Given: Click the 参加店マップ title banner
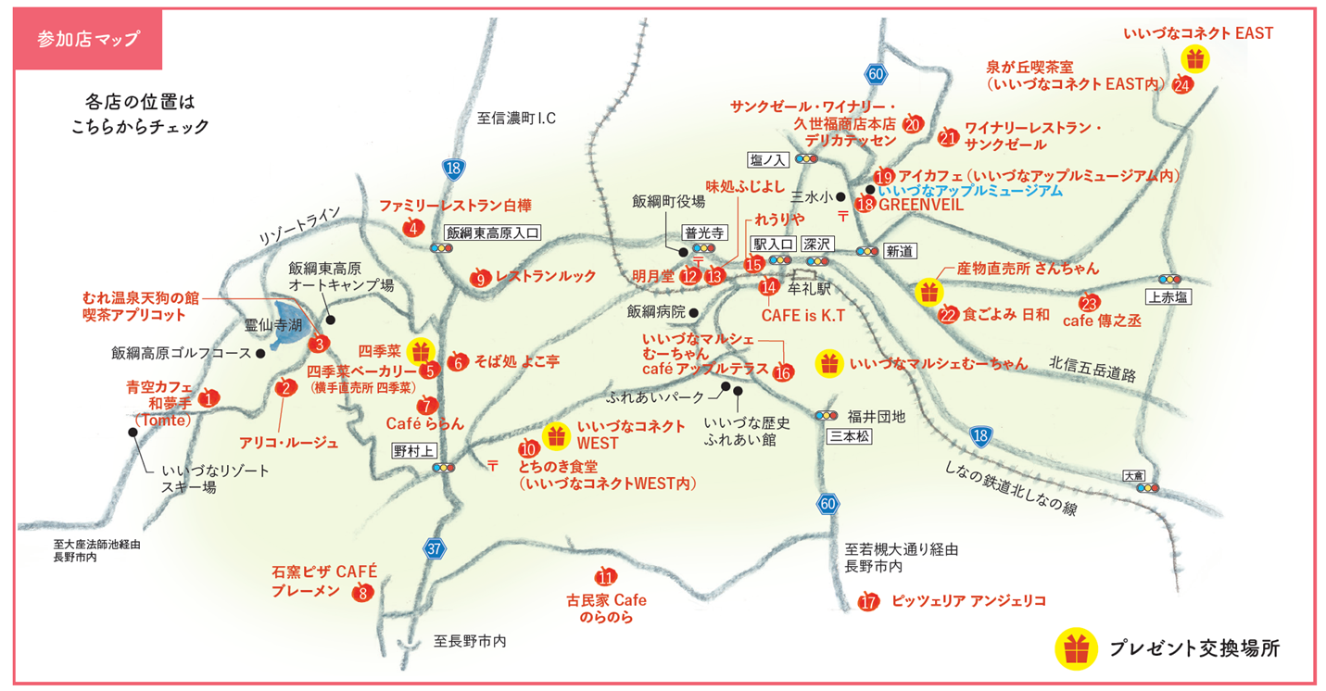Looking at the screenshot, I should pos(89,39).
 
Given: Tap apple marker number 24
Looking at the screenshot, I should pos(1182,85).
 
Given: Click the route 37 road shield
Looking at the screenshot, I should pos(435,548).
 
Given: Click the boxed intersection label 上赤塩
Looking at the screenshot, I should pos(1169,297).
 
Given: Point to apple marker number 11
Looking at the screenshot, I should pos(607,576).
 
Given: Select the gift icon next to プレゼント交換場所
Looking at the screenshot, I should pos(1075,648).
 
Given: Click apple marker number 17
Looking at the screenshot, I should pos(868,602).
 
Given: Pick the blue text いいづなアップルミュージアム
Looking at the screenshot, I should pos(969,191).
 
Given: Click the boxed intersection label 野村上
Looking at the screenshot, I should pos(413,451).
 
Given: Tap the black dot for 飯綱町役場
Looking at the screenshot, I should pos(683,251).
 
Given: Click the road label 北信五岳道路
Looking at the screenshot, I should pos(1092,368).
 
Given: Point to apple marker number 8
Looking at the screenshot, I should pos(363,594).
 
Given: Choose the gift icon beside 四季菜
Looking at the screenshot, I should pos(421,351).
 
